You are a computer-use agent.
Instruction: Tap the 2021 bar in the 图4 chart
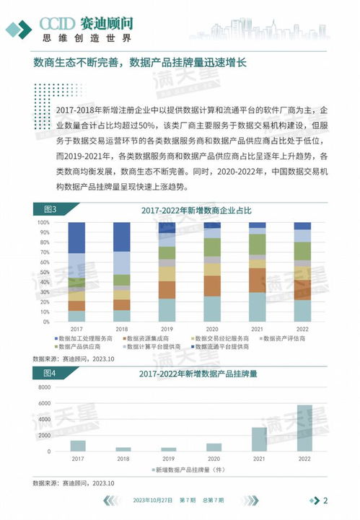258,439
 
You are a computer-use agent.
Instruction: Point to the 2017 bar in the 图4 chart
78,446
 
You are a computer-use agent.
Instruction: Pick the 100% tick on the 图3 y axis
43,222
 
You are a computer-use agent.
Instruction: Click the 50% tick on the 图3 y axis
44,272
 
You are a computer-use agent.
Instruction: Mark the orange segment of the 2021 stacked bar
258,280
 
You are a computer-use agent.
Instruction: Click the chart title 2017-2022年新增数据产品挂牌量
190,374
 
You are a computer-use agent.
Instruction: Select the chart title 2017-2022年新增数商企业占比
190,210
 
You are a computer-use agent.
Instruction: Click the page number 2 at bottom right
325,501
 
